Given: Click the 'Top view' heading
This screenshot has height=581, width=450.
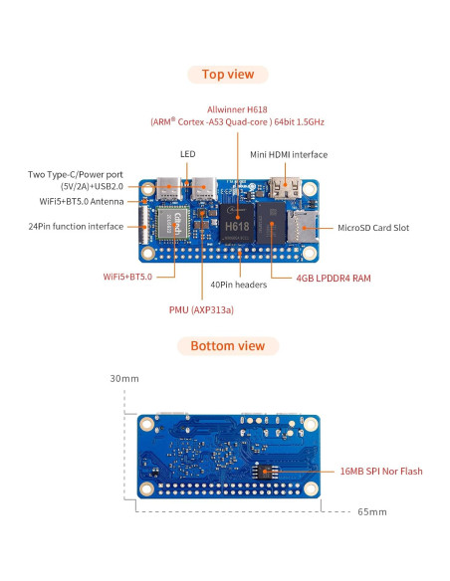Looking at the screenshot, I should [x=227, y=74].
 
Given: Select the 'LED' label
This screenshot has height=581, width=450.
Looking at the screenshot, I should [x=188, y=154].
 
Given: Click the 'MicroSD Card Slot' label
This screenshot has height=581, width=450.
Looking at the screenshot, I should [x=373, y=228].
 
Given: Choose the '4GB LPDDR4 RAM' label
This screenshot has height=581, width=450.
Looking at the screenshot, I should [x=334, y=279].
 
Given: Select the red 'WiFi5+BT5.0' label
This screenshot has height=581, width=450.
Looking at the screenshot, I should [x=127, y=276].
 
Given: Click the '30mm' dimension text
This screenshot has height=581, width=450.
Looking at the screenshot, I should [x=124, y=379].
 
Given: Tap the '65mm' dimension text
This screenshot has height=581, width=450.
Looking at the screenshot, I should [x=371, y=511].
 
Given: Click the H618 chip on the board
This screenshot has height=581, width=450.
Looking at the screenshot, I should [x=236, y=226].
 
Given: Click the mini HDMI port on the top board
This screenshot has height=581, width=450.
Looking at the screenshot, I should [x=285, y=186].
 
